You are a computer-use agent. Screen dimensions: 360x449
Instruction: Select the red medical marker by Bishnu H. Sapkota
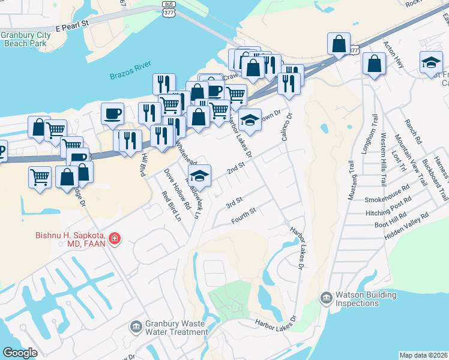coord(114,239)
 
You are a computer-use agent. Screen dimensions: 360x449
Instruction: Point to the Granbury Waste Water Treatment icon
coord(136,326)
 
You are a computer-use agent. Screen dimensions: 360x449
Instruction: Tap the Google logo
coord(20,353)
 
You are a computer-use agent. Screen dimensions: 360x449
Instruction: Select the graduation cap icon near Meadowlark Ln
coord(200,175)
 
